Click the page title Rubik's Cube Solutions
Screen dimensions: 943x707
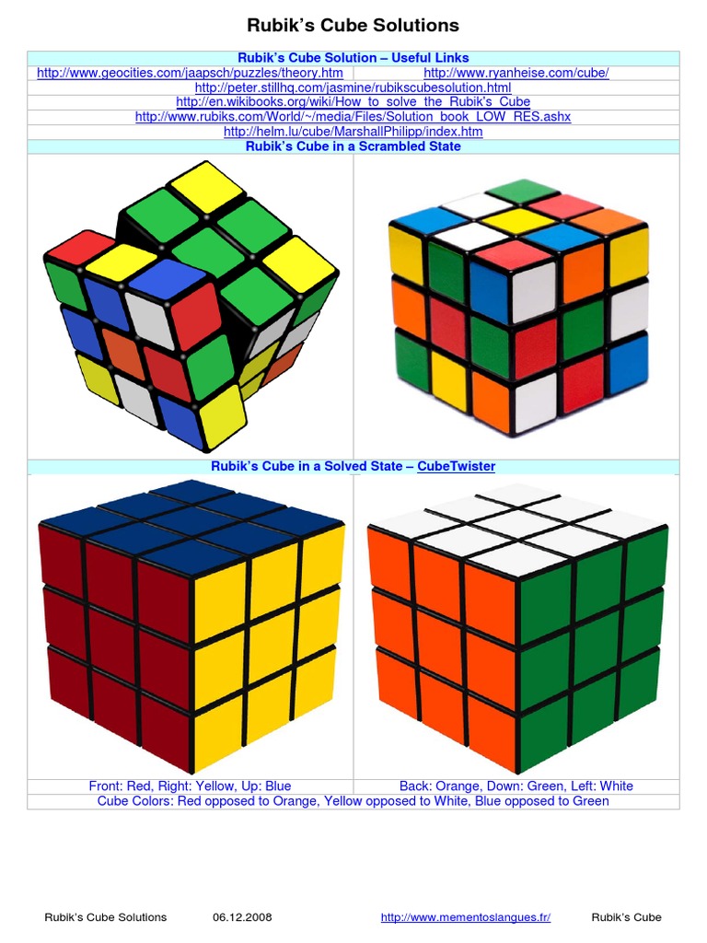[x=353, y=25]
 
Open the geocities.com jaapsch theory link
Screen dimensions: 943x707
[x=190, y=73]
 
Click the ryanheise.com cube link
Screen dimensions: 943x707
[x=516, y=73]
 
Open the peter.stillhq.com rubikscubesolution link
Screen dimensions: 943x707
[x=353, y=87]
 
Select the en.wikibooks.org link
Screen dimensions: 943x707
[x=353, y=102]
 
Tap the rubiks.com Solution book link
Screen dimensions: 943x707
[x=353, y=117]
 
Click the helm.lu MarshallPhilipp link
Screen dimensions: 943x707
[x=353, y=132]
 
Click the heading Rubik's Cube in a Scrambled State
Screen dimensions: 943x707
[x=353, y=146]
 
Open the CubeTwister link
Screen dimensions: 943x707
[x=456, y=466]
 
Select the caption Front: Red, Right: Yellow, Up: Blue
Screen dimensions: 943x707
[x=190, y=786]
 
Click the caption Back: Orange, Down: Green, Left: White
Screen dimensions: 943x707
[x=516, y=786]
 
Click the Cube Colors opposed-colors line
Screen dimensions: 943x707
[x=353, y=801]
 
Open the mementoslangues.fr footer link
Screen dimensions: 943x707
[x=465, y=917]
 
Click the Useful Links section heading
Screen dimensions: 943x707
[x=353, y=58]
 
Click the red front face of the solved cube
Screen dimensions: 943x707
[x=115, y=645]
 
